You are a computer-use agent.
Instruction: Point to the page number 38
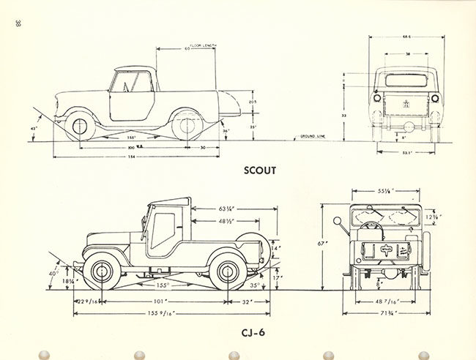coord(16,23)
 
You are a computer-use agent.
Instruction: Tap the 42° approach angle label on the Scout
coord(33,129)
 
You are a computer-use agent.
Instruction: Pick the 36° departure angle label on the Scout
coord(206,131)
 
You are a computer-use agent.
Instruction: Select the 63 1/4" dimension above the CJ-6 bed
coord(226,209)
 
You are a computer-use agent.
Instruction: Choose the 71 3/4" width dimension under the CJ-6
coord(387,313)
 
